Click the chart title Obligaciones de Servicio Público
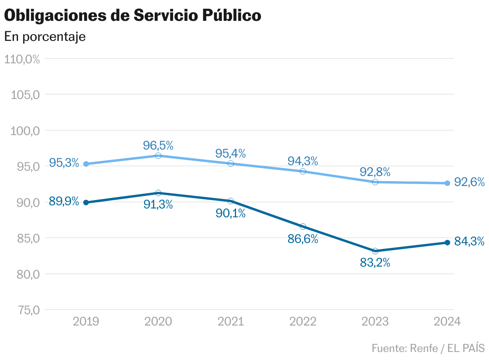(x=133, y=16)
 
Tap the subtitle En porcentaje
(x=45, y=36)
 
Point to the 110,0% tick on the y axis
(x=22, y=59)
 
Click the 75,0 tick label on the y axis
(x=24, y=310)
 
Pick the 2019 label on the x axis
(x=86, y=322)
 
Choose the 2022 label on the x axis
(x=303, y=322)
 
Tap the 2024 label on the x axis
(x=447, y=322)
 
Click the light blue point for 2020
(x=158, y=156)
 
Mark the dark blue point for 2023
(x=375, y=251)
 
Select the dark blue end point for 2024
(x=447, y=243)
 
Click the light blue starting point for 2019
(x=86, y=164)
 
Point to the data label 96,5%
(x=158, y=145)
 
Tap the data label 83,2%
(x=375, y=263)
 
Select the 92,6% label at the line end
(x=469, y=182)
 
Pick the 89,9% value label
(x=64, y=201)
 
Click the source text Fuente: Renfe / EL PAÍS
(x=428, y=348)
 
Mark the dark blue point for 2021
(x=230, y=201)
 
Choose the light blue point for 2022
(x=303, y=171)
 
